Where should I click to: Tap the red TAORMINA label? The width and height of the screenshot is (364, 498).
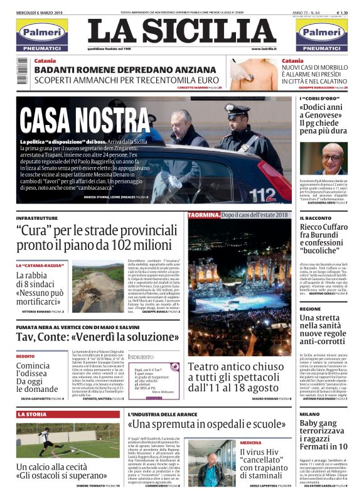(x=203, y=215)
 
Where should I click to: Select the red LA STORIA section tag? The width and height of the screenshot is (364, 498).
(x=32, y=414)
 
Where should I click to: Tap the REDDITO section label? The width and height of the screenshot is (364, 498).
(x=26, y=355)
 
